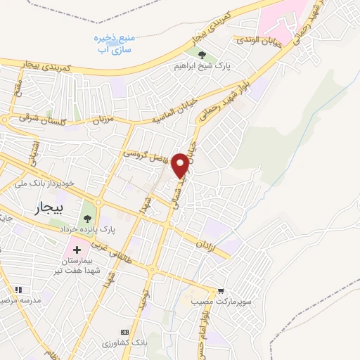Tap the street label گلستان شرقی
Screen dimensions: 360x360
click(32, 120)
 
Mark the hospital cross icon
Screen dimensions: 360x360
click(77, 250)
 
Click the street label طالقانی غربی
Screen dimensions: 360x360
click(131, 258)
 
